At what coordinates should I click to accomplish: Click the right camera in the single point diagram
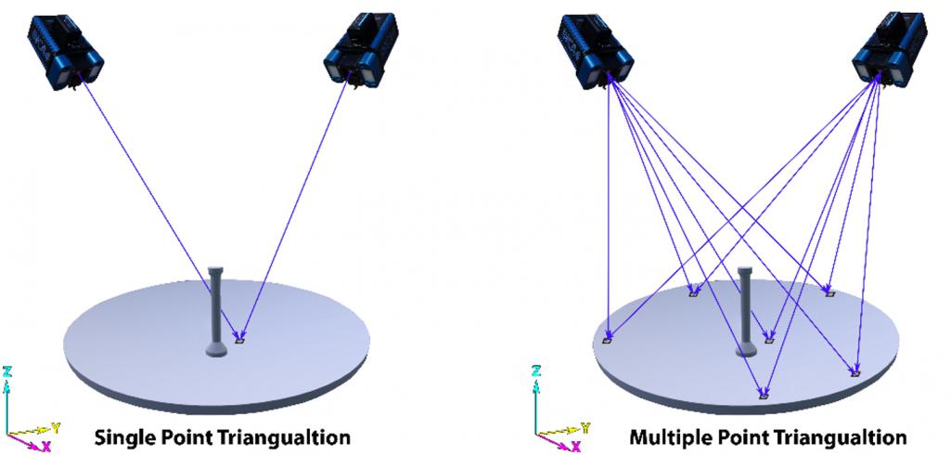coord(363,52)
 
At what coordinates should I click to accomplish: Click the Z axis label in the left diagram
coord(7,371)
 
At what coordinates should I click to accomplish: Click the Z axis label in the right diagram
coord(536,371)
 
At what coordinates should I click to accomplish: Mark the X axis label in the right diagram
coord(575,447)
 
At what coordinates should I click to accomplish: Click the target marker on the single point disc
coord(240,341)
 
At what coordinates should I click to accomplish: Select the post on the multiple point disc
coord(744,311)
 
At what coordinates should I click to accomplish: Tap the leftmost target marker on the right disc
coord(608,341)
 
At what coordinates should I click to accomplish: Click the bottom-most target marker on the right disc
coord(764,396)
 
